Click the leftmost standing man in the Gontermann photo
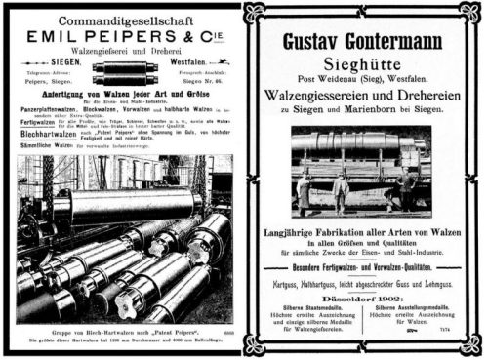(304, 192)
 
